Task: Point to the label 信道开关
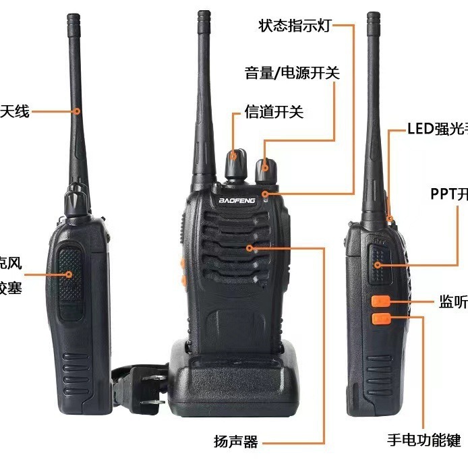274,112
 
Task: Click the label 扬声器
236,442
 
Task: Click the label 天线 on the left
15,111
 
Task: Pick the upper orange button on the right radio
381,301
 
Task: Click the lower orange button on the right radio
381,318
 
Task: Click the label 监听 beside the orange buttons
453,303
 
